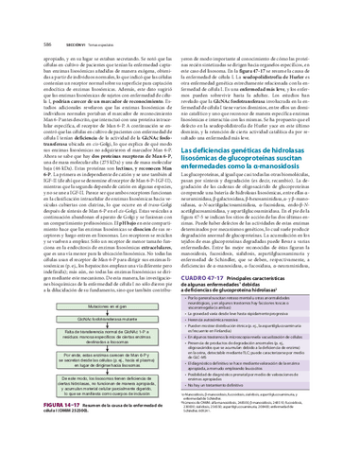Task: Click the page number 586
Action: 19,16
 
